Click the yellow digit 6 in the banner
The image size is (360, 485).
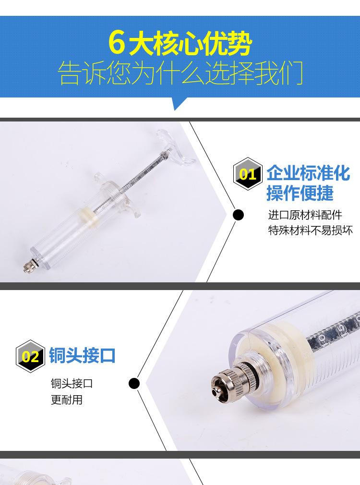[x=117, y=43]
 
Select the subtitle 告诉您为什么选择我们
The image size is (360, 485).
[x=180, y=73]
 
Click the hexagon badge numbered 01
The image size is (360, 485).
[x=248, y=174]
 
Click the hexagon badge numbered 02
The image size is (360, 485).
[x=30, y=356]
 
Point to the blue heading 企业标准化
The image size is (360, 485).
[x=308, y=173]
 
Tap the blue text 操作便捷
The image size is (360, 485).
[x=300, y=193]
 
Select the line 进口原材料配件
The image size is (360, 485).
[x=305, y=215]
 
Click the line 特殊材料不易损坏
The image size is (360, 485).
[x=310, y=230]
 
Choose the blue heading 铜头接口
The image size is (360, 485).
[x=82, y=355]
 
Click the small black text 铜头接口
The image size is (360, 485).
[x=72, y=384]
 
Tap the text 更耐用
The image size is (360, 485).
[x=67, y=400]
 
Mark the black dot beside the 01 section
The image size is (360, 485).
[x=238, y=215]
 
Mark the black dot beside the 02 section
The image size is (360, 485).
[x=134, y=384]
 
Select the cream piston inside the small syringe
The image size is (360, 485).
[x=88, y=216]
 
